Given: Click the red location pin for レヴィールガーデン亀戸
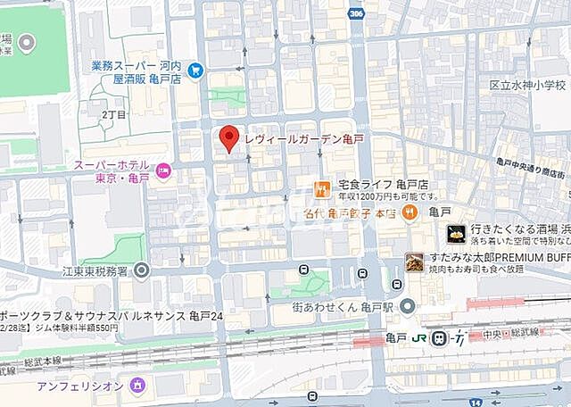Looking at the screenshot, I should pyautogui.click(x=229, y=138).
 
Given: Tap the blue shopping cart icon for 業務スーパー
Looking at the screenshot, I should pyautogui.click(x=195, y=71).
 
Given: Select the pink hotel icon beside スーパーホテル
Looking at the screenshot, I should pyautogui.click(x=163, y=170).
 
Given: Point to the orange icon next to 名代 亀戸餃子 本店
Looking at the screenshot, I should pyautogui.click(x=410, y=212).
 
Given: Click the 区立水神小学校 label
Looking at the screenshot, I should pyautogui.click(x=527, y=85).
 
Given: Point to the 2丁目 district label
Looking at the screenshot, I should pyautogui.click(x=113, y=115).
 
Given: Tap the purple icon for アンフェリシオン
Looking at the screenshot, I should pyautogui.click(x=137, y=385).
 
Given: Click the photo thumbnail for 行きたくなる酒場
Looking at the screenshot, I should pyautogui.click(x=457, y=234).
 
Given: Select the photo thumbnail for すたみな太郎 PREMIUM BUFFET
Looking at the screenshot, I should pyautogui.click(x=415, y=262).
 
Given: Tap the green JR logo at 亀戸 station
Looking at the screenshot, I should pyautogui.click(x=419, y=337).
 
